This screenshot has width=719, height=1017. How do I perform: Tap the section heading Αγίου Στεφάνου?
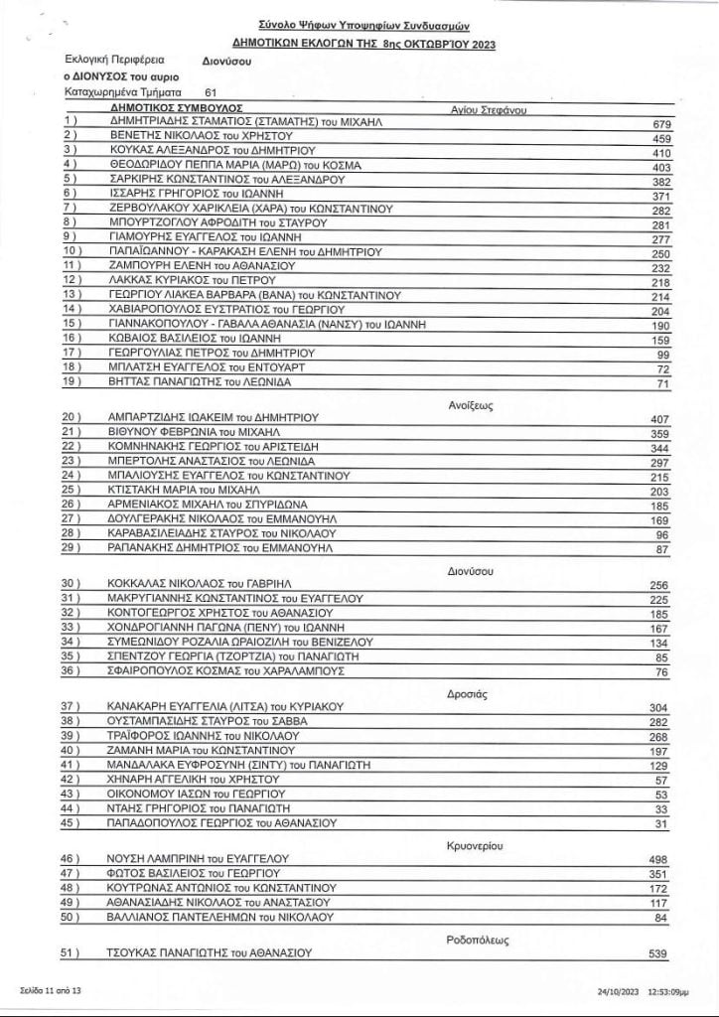pyautogui.click(x=488, y=109)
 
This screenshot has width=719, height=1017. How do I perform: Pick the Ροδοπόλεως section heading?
pyautogui.click(x=473, y=937)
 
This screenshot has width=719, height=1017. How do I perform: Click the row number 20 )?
pyautogui.click(x=72, y=418)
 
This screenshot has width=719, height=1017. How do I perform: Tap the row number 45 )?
pyautogui.click(x=72, y=822)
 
